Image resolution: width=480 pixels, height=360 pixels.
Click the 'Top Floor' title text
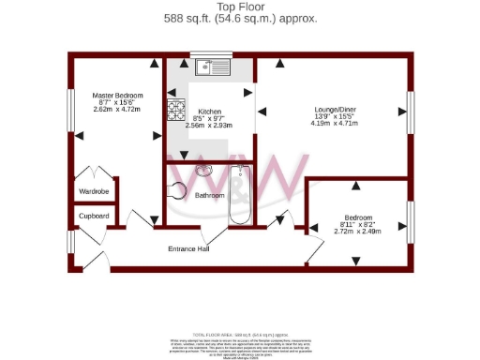pos(240,7)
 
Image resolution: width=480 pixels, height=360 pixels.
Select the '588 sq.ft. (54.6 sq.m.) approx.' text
pos(240,18)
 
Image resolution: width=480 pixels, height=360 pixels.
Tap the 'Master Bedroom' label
pos(116,95)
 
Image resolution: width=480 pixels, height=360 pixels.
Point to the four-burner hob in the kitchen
pos(176,111)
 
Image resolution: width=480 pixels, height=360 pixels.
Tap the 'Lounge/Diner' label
pos(333,110)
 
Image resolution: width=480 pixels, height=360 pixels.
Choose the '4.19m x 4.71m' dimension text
pos(333,125)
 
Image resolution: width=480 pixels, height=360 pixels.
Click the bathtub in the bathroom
pos(241,194)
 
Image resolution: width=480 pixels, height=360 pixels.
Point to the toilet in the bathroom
pos(177,190)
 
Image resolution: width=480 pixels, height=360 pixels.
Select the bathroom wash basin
pos(202,172)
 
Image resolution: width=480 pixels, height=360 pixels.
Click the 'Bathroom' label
pos(209,195)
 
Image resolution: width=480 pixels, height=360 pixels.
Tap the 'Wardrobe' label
pos(94,191)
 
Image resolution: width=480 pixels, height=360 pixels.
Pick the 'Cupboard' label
pos(94,216)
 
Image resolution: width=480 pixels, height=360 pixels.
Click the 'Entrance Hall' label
pos(187,248)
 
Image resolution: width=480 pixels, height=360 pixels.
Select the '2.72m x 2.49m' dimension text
pos(357,230)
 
